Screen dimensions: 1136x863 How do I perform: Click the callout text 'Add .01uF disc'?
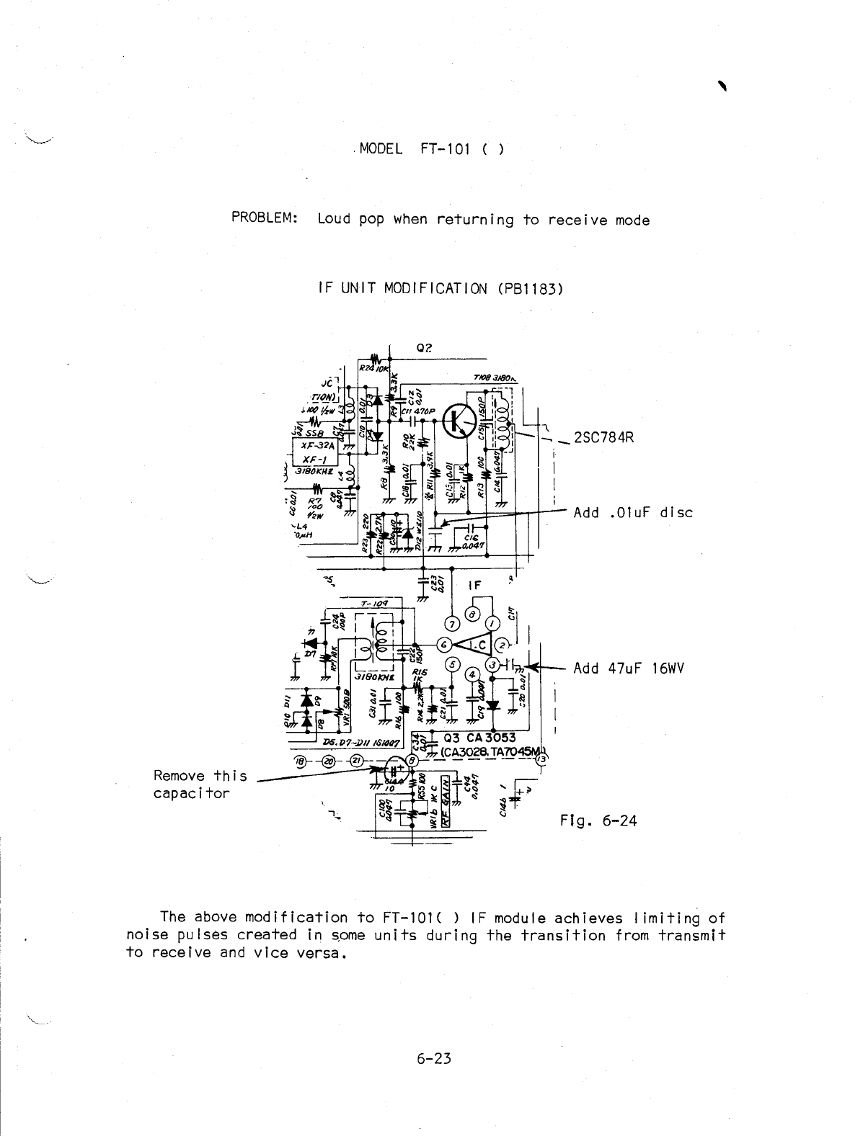(632, 513)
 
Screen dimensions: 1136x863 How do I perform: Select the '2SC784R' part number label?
(603, 437)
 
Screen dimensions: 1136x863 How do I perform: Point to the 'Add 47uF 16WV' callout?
(628, 668)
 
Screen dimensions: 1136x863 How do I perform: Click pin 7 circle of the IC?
(452, 623)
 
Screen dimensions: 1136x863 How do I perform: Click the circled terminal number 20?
(328, 761)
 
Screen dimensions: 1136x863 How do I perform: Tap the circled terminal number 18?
(301, 761)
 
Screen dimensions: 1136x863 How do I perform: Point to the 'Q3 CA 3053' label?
(480, 737)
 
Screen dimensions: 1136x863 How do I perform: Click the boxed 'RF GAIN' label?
(446, 798)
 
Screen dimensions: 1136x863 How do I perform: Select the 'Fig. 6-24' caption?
(598, 820)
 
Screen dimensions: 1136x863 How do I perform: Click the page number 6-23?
(433, 1059)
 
